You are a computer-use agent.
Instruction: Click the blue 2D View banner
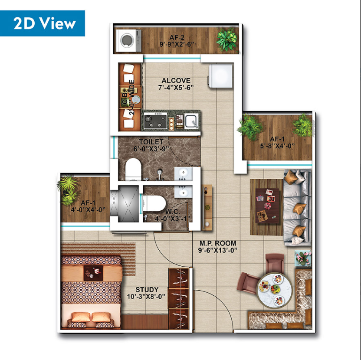43,23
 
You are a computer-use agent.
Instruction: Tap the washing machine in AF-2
128,40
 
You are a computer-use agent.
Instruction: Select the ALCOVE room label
176,81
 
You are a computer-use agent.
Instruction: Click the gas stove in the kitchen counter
155,121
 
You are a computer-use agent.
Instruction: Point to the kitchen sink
191,121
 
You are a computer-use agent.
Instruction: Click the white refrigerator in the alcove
220,76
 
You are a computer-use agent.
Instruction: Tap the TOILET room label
151,142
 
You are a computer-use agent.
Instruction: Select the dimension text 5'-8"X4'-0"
277,146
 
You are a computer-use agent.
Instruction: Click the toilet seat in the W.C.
154,203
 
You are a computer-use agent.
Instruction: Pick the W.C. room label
173,212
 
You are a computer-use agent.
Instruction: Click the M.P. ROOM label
217,243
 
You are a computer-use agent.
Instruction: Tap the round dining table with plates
274,290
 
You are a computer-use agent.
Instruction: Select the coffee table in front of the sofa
267,205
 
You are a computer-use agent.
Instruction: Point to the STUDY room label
147,289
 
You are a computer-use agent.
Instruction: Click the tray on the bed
93,273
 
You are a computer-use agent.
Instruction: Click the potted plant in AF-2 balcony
227,39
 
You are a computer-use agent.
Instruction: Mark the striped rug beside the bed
99,258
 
